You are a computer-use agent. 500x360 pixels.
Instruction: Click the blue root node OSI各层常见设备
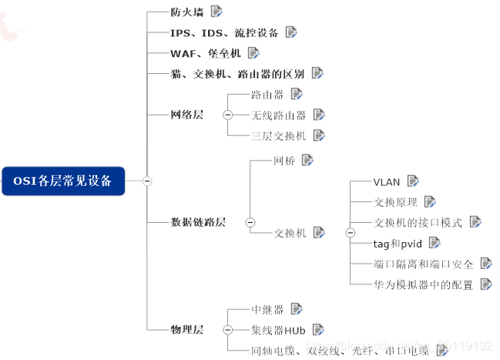coord(62,180)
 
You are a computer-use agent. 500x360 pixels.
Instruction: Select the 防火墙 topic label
coord(187,12)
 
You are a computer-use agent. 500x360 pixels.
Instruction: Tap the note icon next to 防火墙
coord(216,12)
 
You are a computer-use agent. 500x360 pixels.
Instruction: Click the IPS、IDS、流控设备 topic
coord(224,33)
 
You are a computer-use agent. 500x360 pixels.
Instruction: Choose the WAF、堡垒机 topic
coord(206,53)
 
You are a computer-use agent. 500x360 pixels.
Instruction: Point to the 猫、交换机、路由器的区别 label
coord(237,74)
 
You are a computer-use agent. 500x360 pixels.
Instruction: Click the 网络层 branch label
coord(187,115)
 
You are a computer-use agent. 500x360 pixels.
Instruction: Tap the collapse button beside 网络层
coord(227,115)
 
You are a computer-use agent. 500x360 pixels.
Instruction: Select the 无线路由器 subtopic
coord(279,116)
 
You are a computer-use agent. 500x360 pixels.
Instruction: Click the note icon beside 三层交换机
coord(319,136)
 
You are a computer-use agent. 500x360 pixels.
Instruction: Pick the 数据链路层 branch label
coord(198,222)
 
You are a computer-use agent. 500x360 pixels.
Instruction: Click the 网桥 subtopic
coord(284,161)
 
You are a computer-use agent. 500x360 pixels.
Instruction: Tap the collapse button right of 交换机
coord(350,232)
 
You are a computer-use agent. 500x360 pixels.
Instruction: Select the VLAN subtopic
coord(387,182)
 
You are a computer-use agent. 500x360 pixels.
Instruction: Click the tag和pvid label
coord(397,243)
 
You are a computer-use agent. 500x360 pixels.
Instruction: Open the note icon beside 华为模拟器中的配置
coord(486,284)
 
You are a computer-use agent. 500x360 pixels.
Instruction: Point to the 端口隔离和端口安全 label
coord(423,264)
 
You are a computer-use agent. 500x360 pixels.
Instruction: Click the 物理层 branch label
coord(187,330)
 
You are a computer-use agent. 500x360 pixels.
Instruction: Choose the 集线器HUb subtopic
coord(279,330)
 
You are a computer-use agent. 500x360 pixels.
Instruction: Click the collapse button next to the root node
coord(147,181)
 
